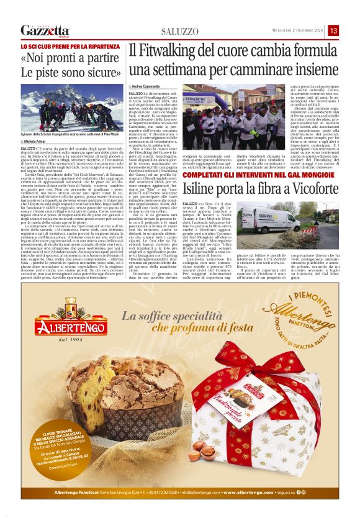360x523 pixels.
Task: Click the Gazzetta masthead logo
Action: tap(45, 30)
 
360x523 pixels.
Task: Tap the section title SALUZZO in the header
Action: tap(179, 31)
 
